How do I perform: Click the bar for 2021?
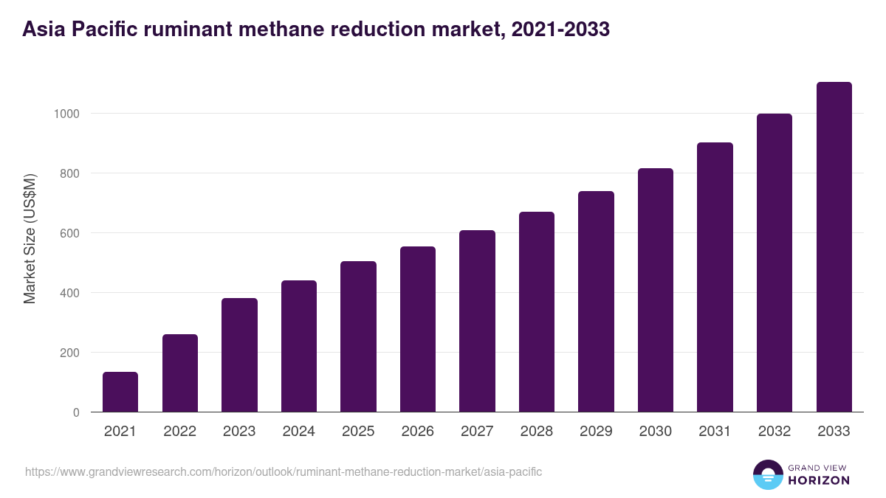pyautogui.click(x=120, y=392)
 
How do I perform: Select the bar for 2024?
pyautogui.click(x=298, y=346)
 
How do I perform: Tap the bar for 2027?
pyautogui.click(x=477, y=321)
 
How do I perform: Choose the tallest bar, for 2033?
pyautogui.click(x=834, y=247)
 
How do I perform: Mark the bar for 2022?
pyautogui.click(x=180, y=373)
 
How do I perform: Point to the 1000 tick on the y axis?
pyautogui.click(x=66, y=114)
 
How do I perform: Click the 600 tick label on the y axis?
pyautogui.click(x=69, y=234)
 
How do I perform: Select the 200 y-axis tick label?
pyautogui.click(x=69, y=353)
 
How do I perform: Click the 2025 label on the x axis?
pyautogui.click(x=358, y=432)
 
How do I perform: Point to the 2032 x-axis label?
pyautogui.click(x=775, y=432)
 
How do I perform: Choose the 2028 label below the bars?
pyautogui.click(x=537, y=432)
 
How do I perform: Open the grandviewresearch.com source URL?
pyautogui.click(x=284, y=471)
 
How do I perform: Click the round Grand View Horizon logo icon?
pyautogui.click(x=768, y=474)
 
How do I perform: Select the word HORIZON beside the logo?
pyautogui.click(x=819, y=480)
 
